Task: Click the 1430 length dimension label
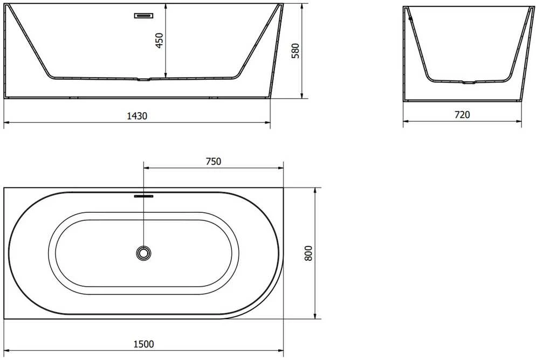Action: point(137,116)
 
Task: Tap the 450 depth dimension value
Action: point(160,40)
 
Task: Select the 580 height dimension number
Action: point(296,51)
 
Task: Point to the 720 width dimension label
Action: point(462,115)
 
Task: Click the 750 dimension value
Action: point(214,161)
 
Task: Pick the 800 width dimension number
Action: point(308,253)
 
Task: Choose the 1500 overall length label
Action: point(143,344)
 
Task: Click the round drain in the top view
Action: point(143,253)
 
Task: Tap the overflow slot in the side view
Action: point(143,16)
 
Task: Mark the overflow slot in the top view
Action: point(143,196)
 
